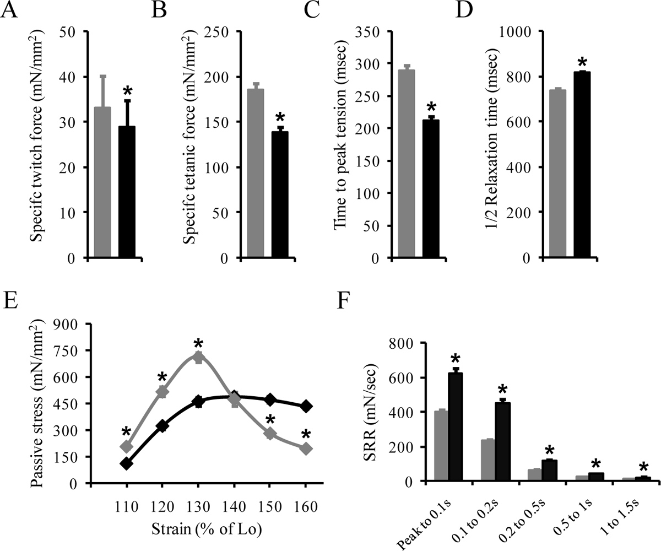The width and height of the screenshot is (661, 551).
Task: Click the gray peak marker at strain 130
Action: [x=198, y=357]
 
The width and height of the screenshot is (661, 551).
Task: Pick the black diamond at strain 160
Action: [x=307, y=407]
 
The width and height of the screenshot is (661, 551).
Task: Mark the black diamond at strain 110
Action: [x=127, y=463]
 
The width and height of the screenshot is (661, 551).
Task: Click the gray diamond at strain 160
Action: [x=307, y=449]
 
